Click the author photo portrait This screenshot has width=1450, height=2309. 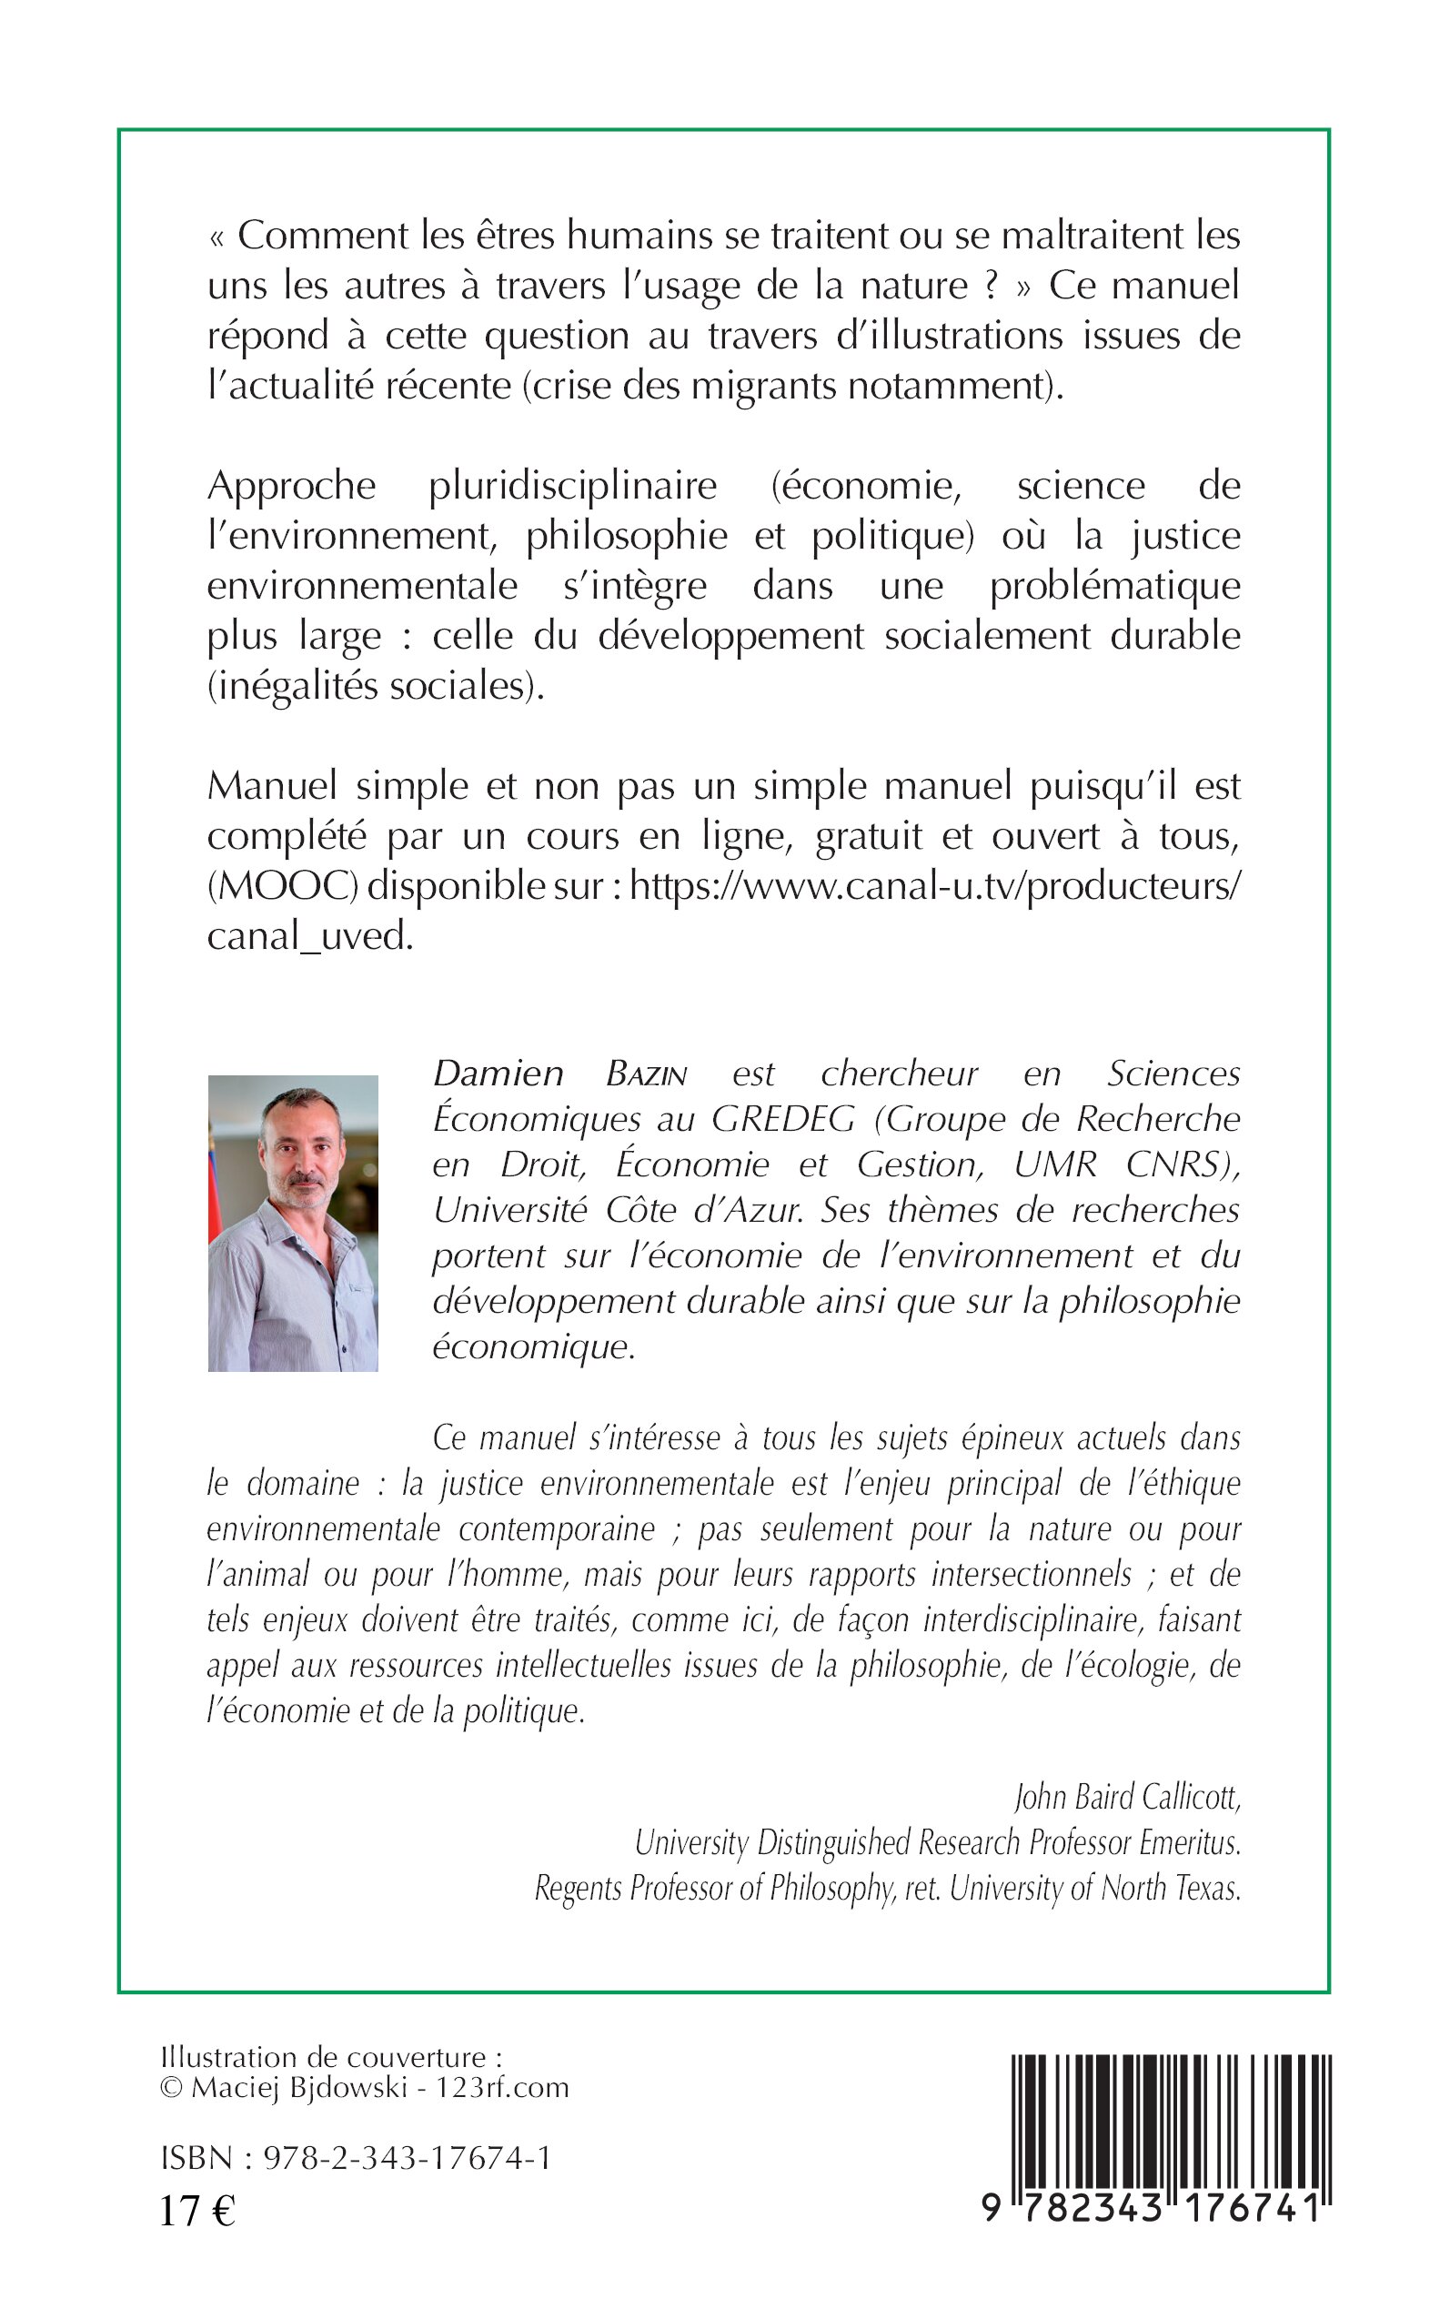point(293,1223)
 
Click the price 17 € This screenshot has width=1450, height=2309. point(196,2210)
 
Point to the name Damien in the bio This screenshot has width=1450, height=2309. point(498,1073)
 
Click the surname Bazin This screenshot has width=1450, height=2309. point(647,1074)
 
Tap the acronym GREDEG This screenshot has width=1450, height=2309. point(781,1119)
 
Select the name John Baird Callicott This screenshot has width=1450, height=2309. point(1128,1797)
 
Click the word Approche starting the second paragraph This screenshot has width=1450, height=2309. point(291,486)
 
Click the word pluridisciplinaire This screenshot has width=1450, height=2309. point(572,486)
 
